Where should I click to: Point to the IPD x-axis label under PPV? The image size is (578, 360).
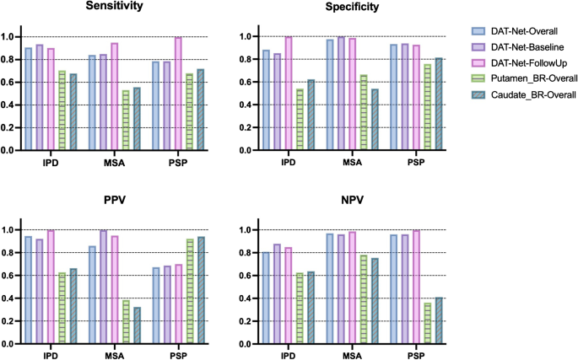click(48, 357)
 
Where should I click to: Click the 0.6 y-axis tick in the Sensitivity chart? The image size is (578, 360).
click(12, 83)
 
